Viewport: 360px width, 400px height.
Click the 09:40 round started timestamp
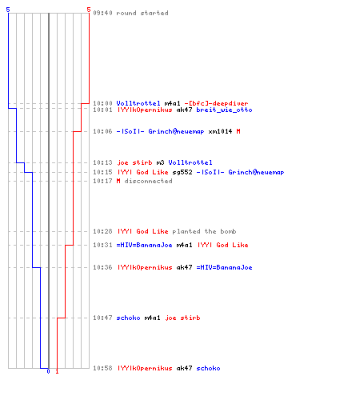(x=102, y=13)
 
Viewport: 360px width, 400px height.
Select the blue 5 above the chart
(x=8, y=10)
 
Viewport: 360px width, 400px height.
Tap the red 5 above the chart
(x=89, y=10)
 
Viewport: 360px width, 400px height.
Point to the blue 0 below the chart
(x=48, y=371)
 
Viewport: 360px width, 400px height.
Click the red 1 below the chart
(x=57, y=371)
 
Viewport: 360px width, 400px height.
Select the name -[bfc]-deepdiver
(x=216, y=103)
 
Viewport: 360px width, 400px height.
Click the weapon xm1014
(x=220, y=131)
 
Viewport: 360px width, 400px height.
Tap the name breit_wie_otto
(x=224, y=110)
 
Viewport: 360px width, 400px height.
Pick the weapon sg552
(x=182, y=172)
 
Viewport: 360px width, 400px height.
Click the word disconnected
(x=149, y=181)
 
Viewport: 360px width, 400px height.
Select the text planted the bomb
(x=204, y=231)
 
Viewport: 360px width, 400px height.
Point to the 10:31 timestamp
(x=102, y=245)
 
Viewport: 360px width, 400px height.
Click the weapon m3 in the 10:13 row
(x=160, y=162)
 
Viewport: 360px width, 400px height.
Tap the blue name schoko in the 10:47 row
(x=128, y=318)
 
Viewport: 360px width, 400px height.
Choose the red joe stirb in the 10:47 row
(x=182, y=318)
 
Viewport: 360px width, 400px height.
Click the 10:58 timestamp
(x=102, y=368)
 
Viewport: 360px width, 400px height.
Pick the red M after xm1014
(x=238, y=131)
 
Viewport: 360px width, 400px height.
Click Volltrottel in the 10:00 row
(x=138, y=103)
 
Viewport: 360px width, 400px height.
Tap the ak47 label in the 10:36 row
(x=184, y=267)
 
